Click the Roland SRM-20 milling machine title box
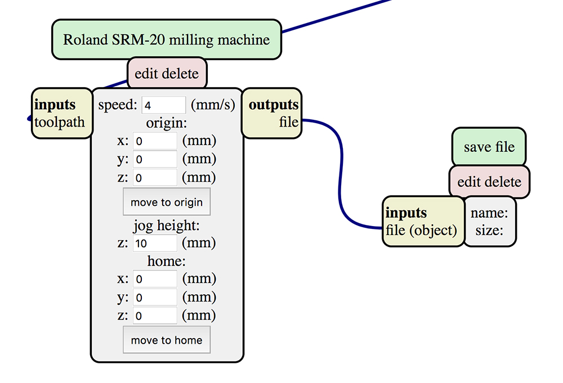166,40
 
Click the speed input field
163,105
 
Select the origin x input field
155,141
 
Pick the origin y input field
155,159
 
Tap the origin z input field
155,178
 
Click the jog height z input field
155,244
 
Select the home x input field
155,279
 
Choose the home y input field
155,298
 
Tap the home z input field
155,316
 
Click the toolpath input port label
60,122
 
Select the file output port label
288,122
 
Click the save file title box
489,147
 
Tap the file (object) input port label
421,230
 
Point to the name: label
489,213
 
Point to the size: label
489,230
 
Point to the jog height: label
167,226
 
